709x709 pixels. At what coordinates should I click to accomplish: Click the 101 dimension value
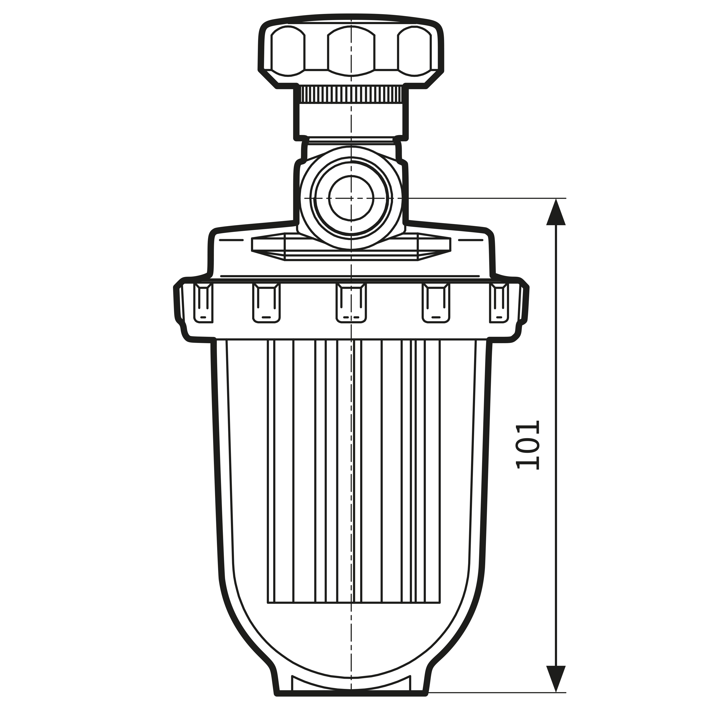click(528, 445)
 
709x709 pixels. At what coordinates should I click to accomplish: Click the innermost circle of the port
click(351, 198)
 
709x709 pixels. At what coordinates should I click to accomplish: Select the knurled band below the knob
click(351, 94)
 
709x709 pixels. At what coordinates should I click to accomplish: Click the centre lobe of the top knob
click(351, 51)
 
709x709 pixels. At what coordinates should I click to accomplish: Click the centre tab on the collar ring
click(351, 303)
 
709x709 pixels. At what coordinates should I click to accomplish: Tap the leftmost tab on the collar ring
click(203, 303)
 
